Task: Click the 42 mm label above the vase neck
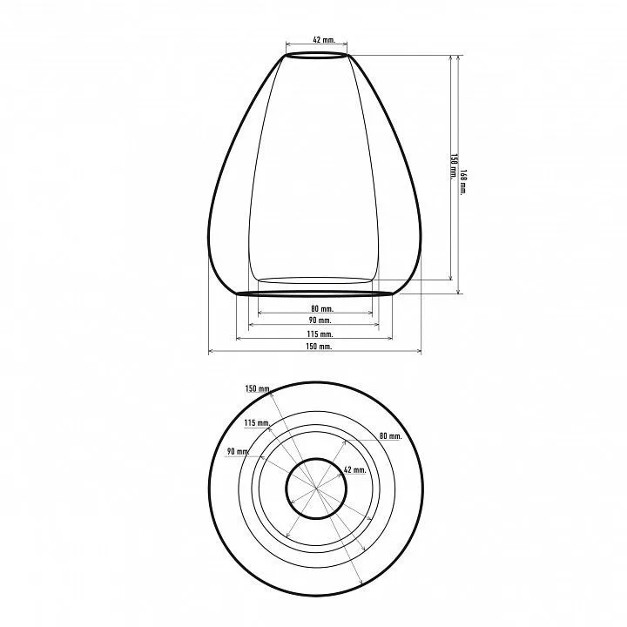pos(324,39)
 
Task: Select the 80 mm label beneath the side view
pos(322,308)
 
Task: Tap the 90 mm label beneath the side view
pos(320,320)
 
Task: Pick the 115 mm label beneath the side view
pos(320,334)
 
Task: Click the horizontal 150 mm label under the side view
pos(319,347)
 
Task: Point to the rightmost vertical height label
pos(463,182)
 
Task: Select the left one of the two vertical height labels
pos(454,166)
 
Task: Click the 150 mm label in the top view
pos(258,388)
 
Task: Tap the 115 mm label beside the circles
pos(257,422)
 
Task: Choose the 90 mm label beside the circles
pos(238,451)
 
